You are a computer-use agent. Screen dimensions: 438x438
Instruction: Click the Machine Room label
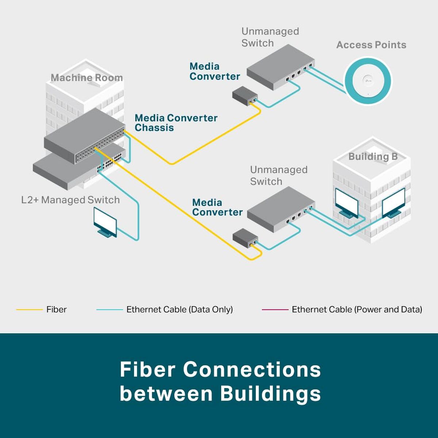(87, 78)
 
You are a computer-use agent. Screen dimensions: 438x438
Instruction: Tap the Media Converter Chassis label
(176, 123)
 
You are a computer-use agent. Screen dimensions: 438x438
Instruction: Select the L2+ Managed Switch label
(70, 200)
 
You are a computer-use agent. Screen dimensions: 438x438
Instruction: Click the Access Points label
(371, 45)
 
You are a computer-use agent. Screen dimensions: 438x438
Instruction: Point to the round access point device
(368, 81)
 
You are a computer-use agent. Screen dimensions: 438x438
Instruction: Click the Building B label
(373, 157)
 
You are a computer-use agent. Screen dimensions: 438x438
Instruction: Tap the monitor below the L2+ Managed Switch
(105, 222)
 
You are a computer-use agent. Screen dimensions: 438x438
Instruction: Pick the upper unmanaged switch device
(280, 66)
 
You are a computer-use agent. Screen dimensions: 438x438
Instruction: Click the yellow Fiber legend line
(29, 310)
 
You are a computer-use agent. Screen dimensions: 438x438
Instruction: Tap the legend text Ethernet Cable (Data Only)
(179, 310)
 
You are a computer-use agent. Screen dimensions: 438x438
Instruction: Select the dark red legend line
(275, 310)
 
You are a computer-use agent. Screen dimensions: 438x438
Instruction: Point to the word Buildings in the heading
(270, 394)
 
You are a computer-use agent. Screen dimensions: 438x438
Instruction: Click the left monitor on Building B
(346, 203)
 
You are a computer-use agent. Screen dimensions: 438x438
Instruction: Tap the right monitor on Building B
(393, 203)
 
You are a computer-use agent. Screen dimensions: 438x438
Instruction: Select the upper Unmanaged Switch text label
(270, 37)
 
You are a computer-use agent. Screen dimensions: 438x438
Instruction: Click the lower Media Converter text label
(217, 207)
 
